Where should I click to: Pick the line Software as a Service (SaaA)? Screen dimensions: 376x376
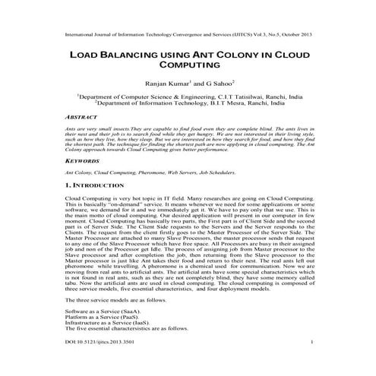click(103, 312)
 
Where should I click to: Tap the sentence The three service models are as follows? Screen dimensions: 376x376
click(114, 300)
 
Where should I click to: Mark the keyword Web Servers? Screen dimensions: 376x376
click(182, 173)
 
